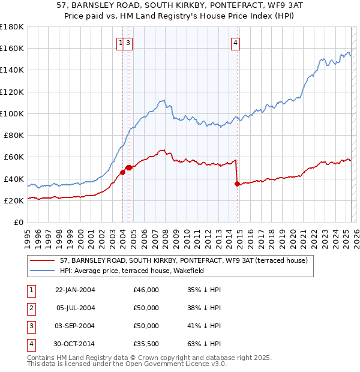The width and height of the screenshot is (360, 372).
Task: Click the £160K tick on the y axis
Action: pos(12,48)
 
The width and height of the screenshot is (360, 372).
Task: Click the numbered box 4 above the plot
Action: pos(236,43)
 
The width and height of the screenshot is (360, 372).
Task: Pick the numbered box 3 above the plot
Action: pos(128,43)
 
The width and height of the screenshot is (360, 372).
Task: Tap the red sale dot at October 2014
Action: pos(237,184)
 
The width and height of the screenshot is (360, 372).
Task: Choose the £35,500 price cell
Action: pos(146,344)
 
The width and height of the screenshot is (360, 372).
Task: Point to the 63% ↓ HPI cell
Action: pos(204,344)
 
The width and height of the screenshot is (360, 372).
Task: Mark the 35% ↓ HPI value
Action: pos(204,290)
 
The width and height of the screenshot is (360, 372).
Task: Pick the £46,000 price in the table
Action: pos(146,290)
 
